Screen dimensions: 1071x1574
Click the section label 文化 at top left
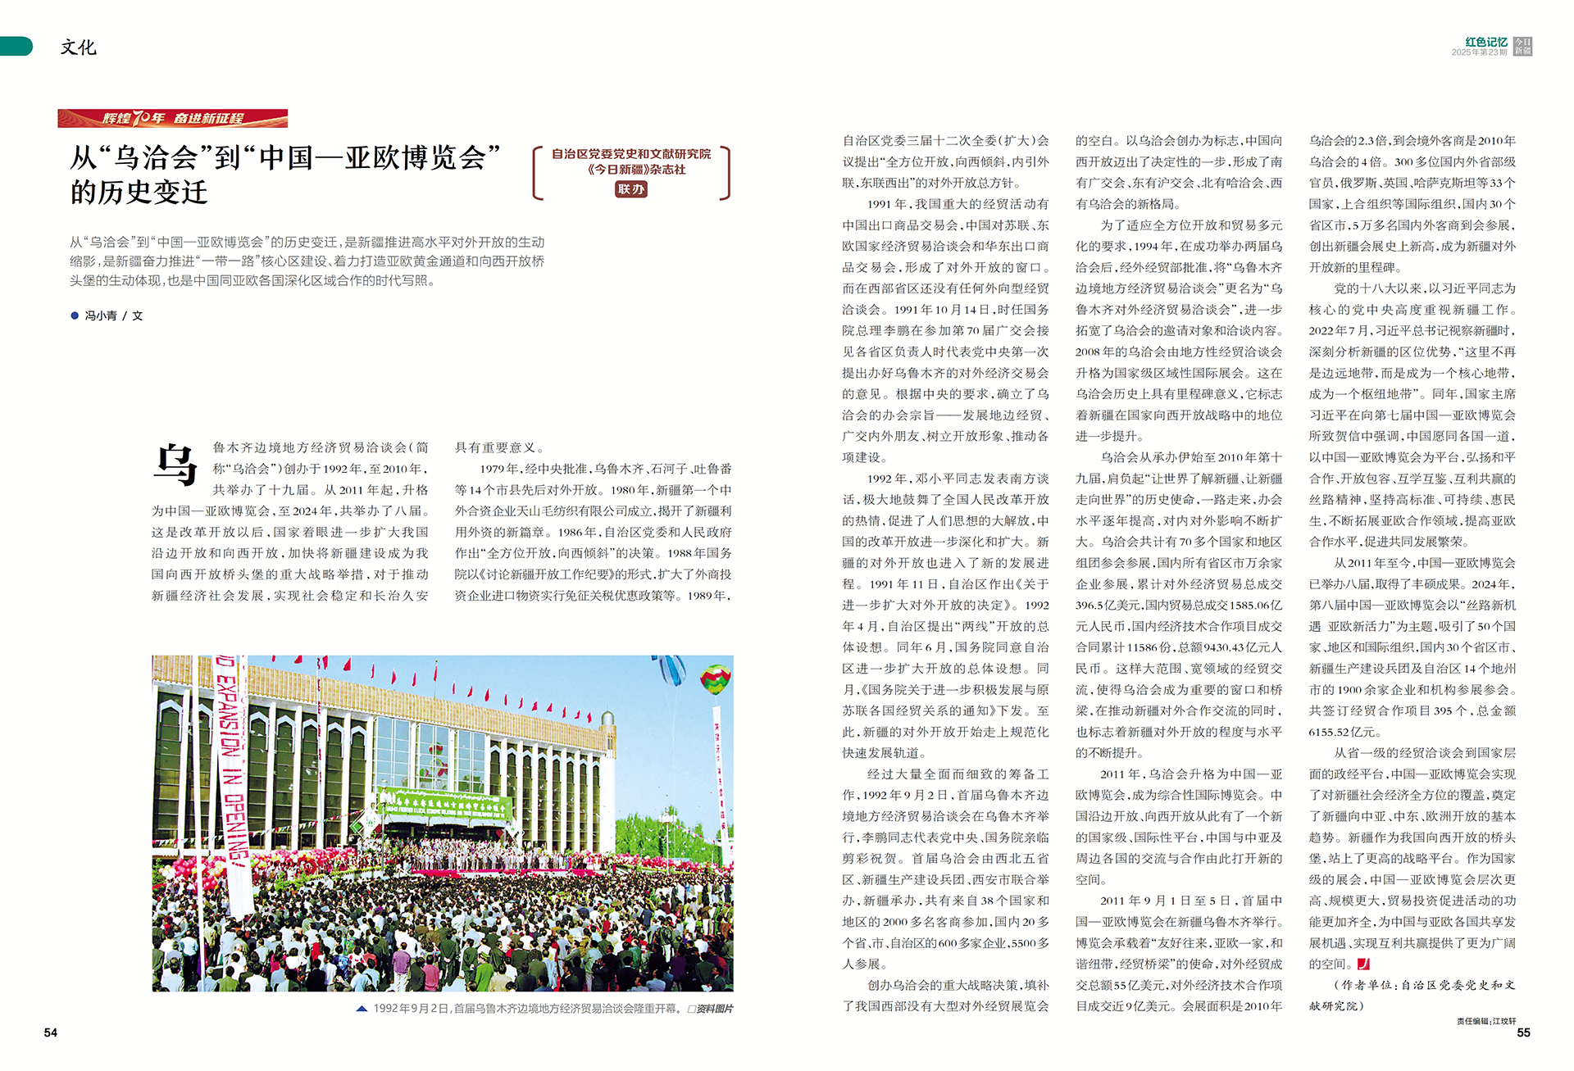[x=78, y=48]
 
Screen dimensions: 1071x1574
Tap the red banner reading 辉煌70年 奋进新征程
[x=172, y=118]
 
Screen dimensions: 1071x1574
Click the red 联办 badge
[x=630, y=189]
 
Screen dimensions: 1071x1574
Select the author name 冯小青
[x=101, y=315]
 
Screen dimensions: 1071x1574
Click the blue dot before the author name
[x=75, y=315]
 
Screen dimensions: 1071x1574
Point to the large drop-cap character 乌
[x=175, y=464]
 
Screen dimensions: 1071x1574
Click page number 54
[x=51, y=1032]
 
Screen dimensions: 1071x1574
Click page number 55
[x=1523, y=1032]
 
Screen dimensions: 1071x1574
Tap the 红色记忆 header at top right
[x=1485, y=42]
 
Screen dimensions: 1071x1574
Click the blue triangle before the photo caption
[x=362, y=1009]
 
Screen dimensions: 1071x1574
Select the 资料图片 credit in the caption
[x=711, y=1009]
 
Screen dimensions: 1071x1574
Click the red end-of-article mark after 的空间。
[x=1363, y=964]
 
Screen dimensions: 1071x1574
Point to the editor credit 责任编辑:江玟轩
[x=1486, y=1021]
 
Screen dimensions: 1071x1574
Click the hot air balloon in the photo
[x=715, y=678]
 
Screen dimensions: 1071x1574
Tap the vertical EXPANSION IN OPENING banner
[x=232, y=778]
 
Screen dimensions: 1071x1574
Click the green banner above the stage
[x=447, y=805]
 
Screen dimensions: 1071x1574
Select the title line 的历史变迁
[x=139, y=193]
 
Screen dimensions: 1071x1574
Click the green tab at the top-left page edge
[x=16, y=47]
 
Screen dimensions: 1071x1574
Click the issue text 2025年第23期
[x=1479, y=52]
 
